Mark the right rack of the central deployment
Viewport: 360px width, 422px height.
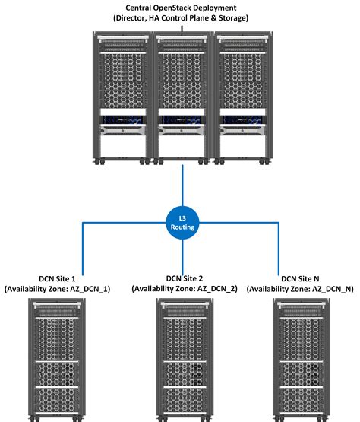click(x=240, y=95)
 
